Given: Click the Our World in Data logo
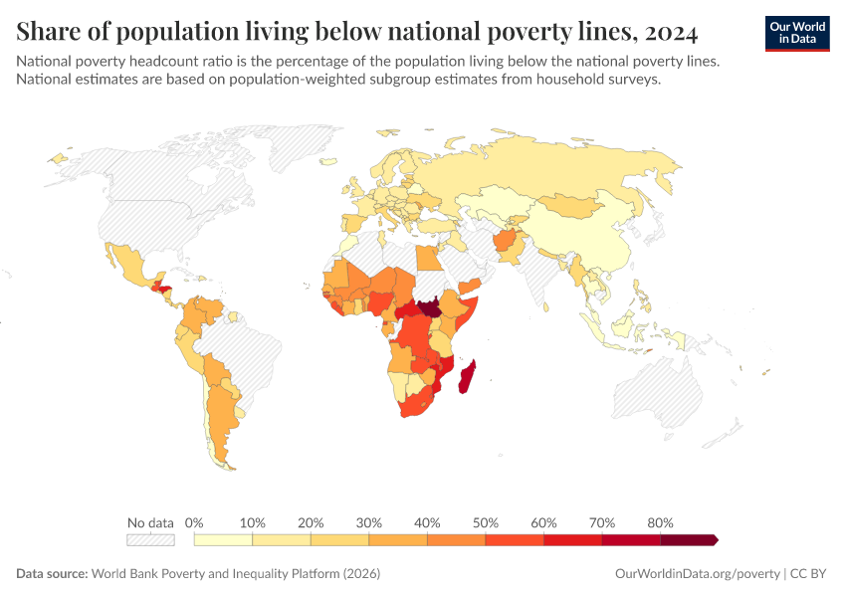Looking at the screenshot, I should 796,33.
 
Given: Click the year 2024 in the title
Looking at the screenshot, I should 671,32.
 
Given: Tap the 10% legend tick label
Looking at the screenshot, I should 253,522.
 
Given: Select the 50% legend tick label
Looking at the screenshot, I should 486,522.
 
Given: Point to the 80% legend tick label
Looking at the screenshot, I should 660,522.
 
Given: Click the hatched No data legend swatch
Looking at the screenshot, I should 150,540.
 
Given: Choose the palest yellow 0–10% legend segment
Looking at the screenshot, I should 224,540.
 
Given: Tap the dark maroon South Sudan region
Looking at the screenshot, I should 430,307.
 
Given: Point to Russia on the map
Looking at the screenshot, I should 557,169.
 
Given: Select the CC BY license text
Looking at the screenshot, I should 809,574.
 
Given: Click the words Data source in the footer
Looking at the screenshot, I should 52,574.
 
